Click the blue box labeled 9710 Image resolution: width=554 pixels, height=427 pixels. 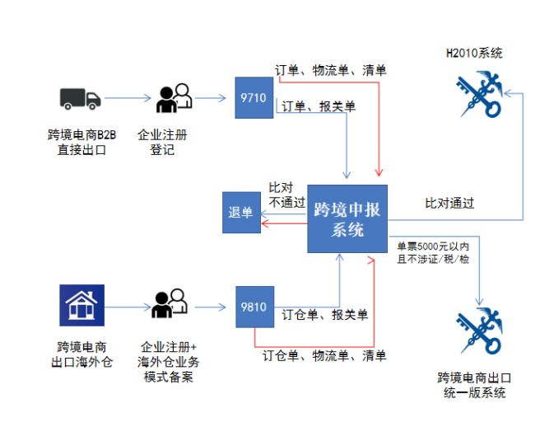pos(254,98)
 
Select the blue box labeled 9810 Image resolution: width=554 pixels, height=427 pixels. pos(254,307)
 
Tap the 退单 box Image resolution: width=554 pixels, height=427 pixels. pos(241,212)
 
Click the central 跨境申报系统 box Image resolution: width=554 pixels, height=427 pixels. pos(347,218)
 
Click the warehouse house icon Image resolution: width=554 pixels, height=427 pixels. pos(81,305)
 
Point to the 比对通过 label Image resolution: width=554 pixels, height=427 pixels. pos(449,203)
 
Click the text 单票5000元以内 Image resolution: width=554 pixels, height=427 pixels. pos(433,246)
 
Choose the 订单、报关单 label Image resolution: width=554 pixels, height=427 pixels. pos(319,106)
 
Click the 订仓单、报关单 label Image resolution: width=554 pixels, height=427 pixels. pos(325,315)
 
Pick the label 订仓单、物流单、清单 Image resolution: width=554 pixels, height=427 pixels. pos(324,356)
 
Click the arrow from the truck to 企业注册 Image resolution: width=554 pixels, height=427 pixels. pos(128,99)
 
